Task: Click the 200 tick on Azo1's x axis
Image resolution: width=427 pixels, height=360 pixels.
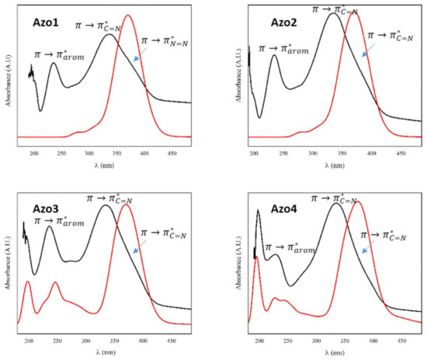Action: coord(35,154)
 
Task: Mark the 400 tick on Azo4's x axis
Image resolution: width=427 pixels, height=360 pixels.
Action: coord(373,341)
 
